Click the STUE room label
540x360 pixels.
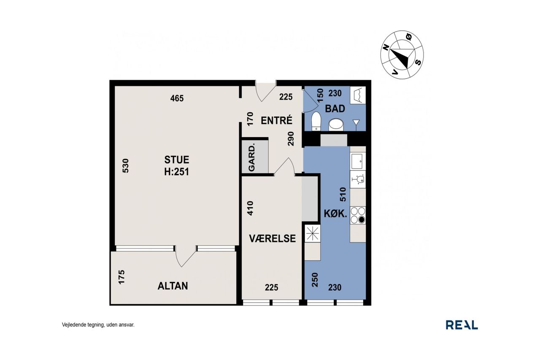click(177, 160)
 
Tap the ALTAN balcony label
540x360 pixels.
click(173, 286)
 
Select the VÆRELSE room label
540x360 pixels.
click(273, 238)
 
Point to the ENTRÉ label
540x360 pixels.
click(276, 120)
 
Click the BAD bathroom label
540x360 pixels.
click(335, 109)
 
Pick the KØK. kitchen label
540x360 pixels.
click(335, 214)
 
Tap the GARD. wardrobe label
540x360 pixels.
click(251, 157)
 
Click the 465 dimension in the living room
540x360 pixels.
click(177, 98)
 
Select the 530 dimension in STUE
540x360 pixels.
click(126, 166)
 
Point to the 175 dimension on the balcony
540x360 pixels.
click(121, 277)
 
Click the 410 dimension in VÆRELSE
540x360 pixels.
click(251, 208)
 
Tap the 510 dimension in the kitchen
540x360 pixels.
click(343, 194)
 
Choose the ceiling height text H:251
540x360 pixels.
click(177, 172)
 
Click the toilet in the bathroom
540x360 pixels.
click(316, 121)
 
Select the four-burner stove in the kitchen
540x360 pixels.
click(358, 215)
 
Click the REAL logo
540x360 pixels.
click(462, 325)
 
